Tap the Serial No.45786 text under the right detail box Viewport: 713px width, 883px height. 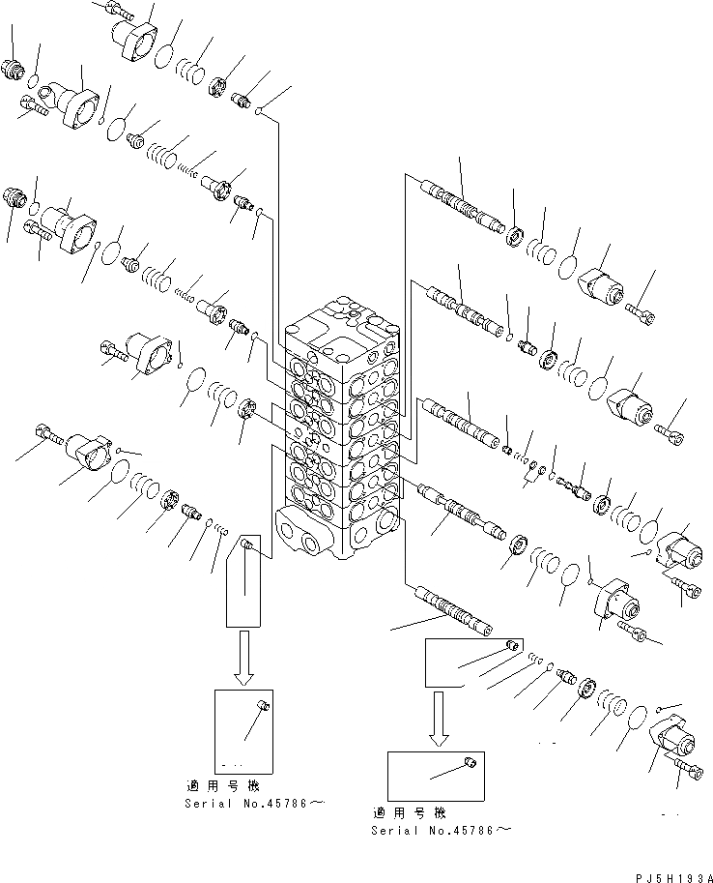click(441, 830)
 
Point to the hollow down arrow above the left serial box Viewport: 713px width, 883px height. click(243, 657)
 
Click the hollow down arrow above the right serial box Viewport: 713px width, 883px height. click(440, 719)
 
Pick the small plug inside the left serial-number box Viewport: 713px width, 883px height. click(262, 709)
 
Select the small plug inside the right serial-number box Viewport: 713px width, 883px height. click(469, 763)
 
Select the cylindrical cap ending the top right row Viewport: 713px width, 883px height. click(600, 285)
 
